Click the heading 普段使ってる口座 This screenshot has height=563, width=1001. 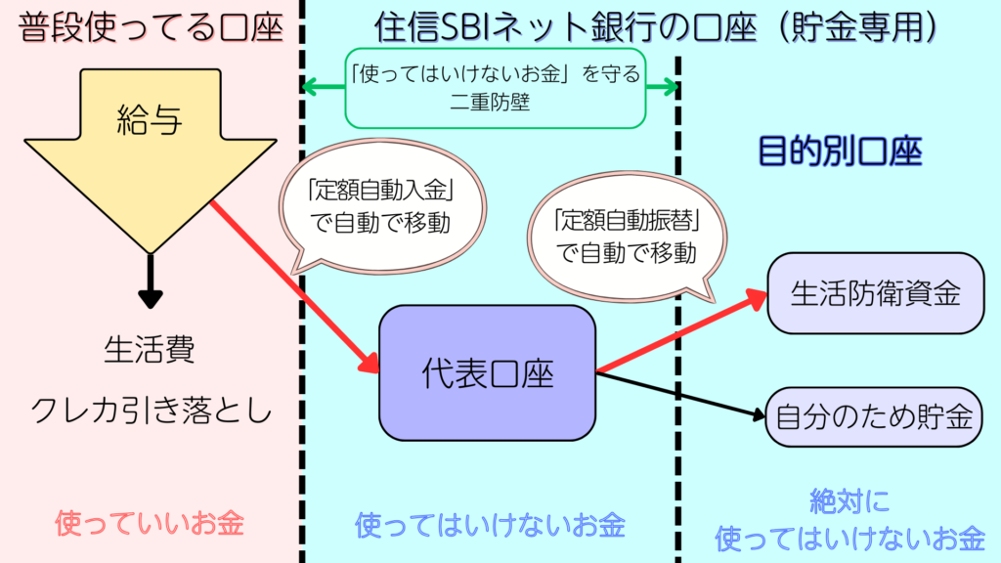point(150,26)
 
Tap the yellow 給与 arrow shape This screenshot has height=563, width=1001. point(150,147)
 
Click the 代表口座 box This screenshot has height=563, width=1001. point(487,373)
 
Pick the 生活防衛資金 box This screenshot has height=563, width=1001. point(875,293)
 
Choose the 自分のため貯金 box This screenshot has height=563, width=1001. point(874,417)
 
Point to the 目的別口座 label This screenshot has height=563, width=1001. point(841,152)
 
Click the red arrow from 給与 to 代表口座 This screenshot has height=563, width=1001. point(293,283)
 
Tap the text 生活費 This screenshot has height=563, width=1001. point(150,350)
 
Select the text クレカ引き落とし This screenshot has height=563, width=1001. point(150,411)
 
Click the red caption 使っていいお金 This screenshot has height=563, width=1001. point(150,523)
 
